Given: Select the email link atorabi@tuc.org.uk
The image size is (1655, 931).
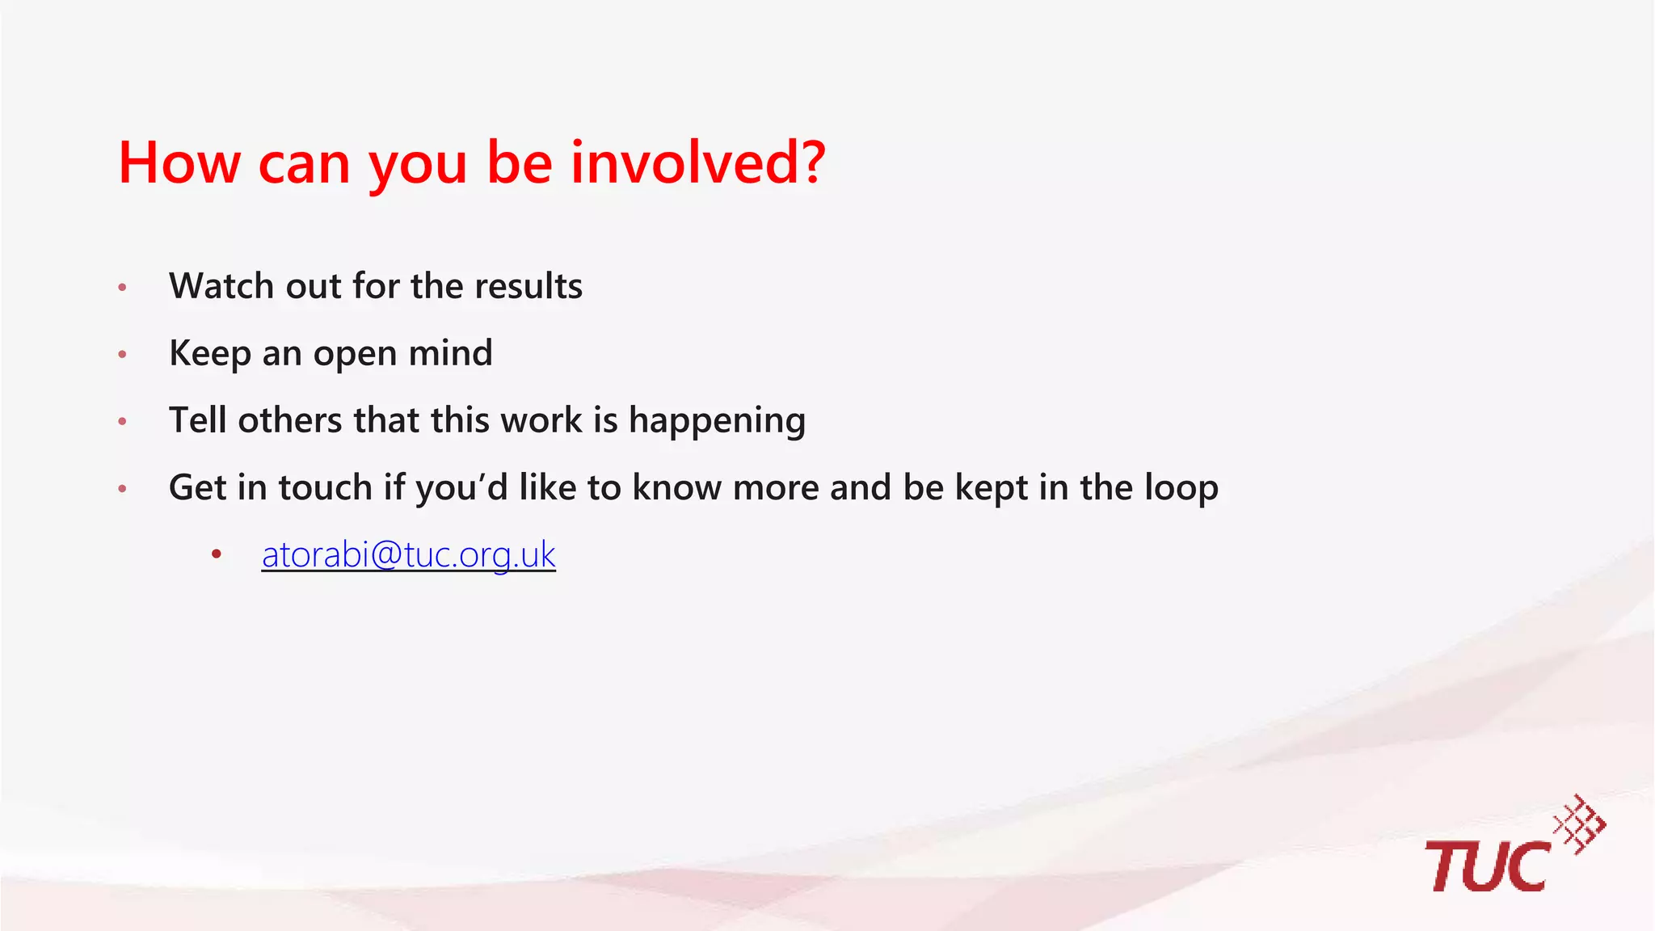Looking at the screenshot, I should coord(408,554).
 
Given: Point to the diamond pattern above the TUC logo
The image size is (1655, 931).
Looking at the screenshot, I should coord(1581,824).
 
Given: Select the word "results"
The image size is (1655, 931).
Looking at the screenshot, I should coord(529,286).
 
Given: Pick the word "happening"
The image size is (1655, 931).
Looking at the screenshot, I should coord(717,421).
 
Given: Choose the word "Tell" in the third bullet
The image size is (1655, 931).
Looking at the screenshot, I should coord(197,420).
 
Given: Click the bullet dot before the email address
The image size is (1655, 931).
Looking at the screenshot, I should coord(216,554).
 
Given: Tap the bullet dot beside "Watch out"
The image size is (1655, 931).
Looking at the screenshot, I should coord(123,287).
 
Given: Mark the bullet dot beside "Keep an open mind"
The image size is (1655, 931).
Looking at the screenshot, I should coord(123,354).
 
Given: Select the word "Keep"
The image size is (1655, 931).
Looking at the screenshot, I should coord(209,353).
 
